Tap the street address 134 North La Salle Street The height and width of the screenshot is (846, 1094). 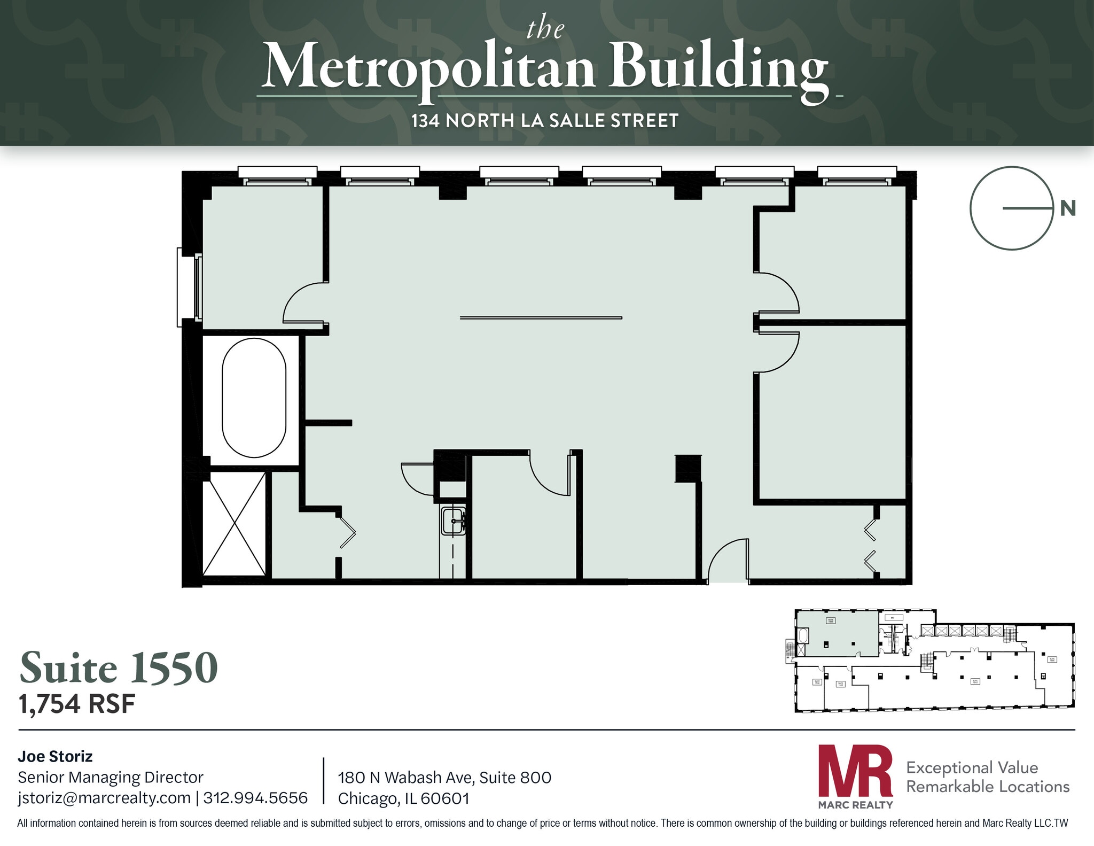click(545, 121)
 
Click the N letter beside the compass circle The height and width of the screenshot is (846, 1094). click(1067, 208)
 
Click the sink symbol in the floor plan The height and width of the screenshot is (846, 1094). click(452, 521)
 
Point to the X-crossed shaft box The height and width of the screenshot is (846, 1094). click(234, 524)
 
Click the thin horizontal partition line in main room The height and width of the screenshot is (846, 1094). click(541, 318)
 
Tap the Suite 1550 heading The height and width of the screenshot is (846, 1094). click(119, 668)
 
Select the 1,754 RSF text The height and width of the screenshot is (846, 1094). click(77, 704)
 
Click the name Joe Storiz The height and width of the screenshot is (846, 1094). click(55, 756)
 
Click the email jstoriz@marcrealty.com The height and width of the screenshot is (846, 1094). click(104, 798)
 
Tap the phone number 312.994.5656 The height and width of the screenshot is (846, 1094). click(255, 798)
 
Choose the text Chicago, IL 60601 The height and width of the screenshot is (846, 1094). click(403, 798)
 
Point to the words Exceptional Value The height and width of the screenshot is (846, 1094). click(972, 767)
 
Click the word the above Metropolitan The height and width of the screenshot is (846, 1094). click(545, 29)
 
